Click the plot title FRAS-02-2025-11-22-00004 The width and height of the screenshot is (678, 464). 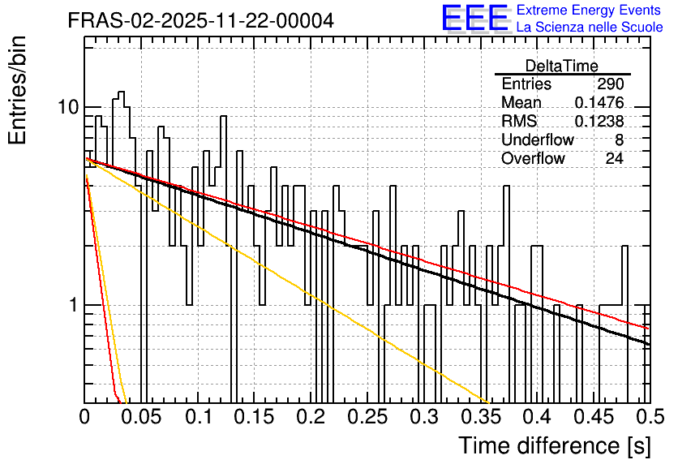click(200, 20)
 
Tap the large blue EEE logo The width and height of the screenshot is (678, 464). click(474, 19)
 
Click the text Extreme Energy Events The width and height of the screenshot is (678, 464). click(590, 11)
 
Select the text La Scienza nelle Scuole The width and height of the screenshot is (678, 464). click(590, 28)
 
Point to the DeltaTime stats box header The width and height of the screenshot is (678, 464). click(562, 66)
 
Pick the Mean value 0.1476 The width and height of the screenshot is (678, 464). click(599, 103)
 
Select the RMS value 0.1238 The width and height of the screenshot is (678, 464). click(599, 122)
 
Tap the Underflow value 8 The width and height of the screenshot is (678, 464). click(618, 140)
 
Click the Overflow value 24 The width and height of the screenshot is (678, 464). click(614, 159)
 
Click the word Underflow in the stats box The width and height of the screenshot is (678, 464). click(538, 140)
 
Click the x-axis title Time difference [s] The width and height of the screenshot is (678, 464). click(554, 445)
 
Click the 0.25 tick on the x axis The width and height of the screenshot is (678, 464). click(367, 417)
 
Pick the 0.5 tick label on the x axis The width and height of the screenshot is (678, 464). click(648, 417)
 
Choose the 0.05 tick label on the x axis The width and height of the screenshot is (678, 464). click(141, 417)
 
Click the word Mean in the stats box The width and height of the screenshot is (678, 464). click(521, 103)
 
